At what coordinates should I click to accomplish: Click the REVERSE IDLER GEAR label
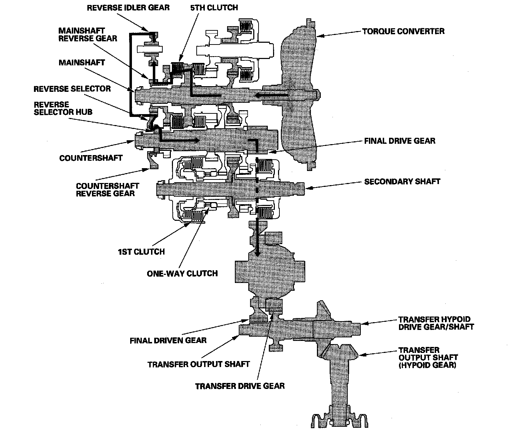pyautogui.click(x=128, y=8)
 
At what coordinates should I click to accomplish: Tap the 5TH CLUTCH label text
pyautogui.click(x=214, y=8)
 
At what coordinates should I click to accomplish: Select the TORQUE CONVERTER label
pyautogui.click(x=403, y=31)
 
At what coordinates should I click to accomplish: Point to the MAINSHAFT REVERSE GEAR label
pyautogui.click(x=88, y=35)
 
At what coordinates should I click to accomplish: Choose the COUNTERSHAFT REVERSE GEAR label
pyautogui.click(x=108, y=189)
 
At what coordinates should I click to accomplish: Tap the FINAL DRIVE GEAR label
pyautogui.click(x=400, y=141)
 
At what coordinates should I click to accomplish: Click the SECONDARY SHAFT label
pyautogui.click(x=402, y=182)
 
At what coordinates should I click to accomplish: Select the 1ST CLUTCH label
pyautogui.click(x=141, y=252)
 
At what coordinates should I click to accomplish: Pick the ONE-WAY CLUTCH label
pyautogui.click(x=182, y=273)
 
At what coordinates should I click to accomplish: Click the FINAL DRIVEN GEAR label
pyautogui.click(x=168, y=341)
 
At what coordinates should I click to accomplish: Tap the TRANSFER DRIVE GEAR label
pyautogui.click(x=240, y=385)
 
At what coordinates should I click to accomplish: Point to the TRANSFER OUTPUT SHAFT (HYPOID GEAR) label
pyautogui.click(x=428, y=358)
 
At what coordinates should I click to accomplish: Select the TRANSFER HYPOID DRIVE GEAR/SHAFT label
pyautogui.click(x=436, y=323)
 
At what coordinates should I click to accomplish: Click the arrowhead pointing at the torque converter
pyautogui.click(x=318, y=35)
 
